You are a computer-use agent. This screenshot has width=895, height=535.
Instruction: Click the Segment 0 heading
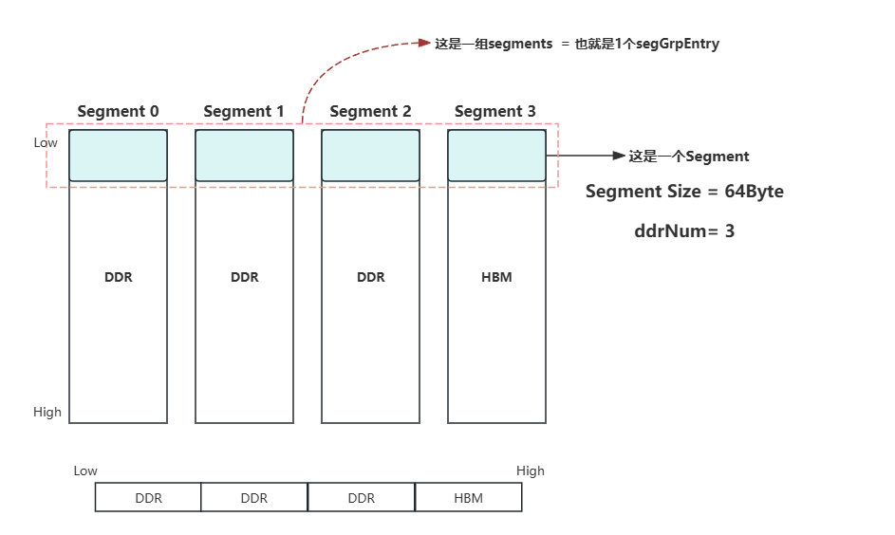[118, 111]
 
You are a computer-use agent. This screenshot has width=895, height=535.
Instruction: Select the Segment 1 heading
[244, 111]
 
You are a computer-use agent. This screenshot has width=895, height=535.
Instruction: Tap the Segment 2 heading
[370, 111]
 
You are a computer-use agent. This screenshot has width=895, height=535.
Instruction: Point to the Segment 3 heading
[495, 111]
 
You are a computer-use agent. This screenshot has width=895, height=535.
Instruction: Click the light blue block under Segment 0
[118, 156]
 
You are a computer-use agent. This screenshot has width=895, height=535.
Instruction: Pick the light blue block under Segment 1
[244, 156]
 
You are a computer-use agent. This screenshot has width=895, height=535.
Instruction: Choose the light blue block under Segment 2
[370, 156]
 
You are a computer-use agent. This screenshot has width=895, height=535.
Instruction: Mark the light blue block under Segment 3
[496, 156]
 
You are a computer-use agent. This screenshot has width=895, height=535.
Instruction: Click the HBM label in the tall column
[496, 277]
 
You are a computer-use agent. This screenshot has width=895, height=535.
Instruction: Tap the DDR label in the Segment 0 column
[118, 277]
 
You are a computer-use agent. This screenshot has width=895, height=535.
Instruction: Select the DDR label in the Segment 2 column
[370, 277]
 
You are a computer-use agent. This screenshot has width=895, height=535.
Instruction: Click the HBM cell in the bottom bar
[468, 498]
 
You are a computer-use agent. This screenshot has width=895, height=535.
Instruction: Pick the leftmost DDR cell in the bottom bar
[148, 498]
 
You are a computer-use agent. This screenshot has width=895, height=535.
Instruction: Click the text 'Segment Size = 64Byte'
[684, 192]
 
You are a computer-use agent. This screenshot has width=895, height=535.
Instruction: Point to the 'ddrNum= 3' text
[684, 231]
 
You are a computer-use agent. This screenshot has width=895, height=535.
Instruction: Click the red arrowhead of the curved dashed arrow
[426, 43]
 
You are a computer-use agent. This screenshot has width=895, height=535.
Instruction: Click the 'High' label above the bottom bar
[530, 470]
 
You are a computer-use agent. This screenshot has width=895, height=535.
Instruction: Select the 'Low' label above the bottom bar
[85, 470]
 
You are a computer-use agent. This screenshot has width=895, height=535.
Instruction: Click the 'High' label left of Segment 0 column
[47, 412]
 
